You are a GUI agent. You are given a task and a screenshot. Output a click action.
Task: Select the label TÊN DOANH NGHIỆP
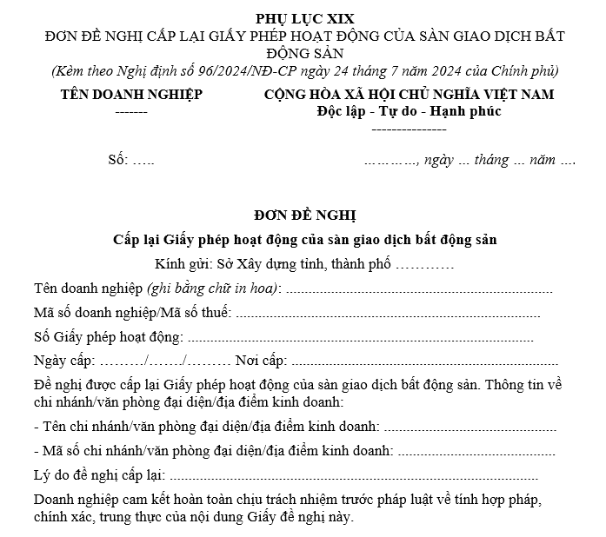130,95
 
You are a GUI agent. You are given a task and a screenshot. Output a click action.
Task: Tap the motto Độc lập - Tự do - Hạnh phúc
409,111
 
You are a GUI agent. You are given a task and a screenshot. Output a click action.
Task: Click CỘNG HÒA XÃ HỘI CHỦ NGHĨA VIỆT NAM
409,95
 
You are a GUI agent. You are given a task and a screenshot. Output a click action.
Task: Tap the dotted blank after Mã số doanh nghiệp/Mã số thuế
388,313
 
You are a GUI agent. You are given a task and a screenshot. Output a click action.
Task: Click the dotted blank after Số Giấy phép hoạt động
360,337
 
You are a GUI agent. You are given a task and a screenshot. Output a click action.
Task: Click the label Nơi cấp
260,361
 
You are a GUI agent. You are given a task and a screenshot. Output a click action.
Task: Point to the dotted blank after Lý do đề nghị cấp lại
353,476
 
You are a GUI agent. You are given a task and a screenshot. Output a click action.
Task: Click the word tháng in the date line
492,161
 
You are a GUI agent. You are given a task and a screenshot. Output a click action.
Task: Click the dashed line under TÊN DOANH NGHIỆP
130,112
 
